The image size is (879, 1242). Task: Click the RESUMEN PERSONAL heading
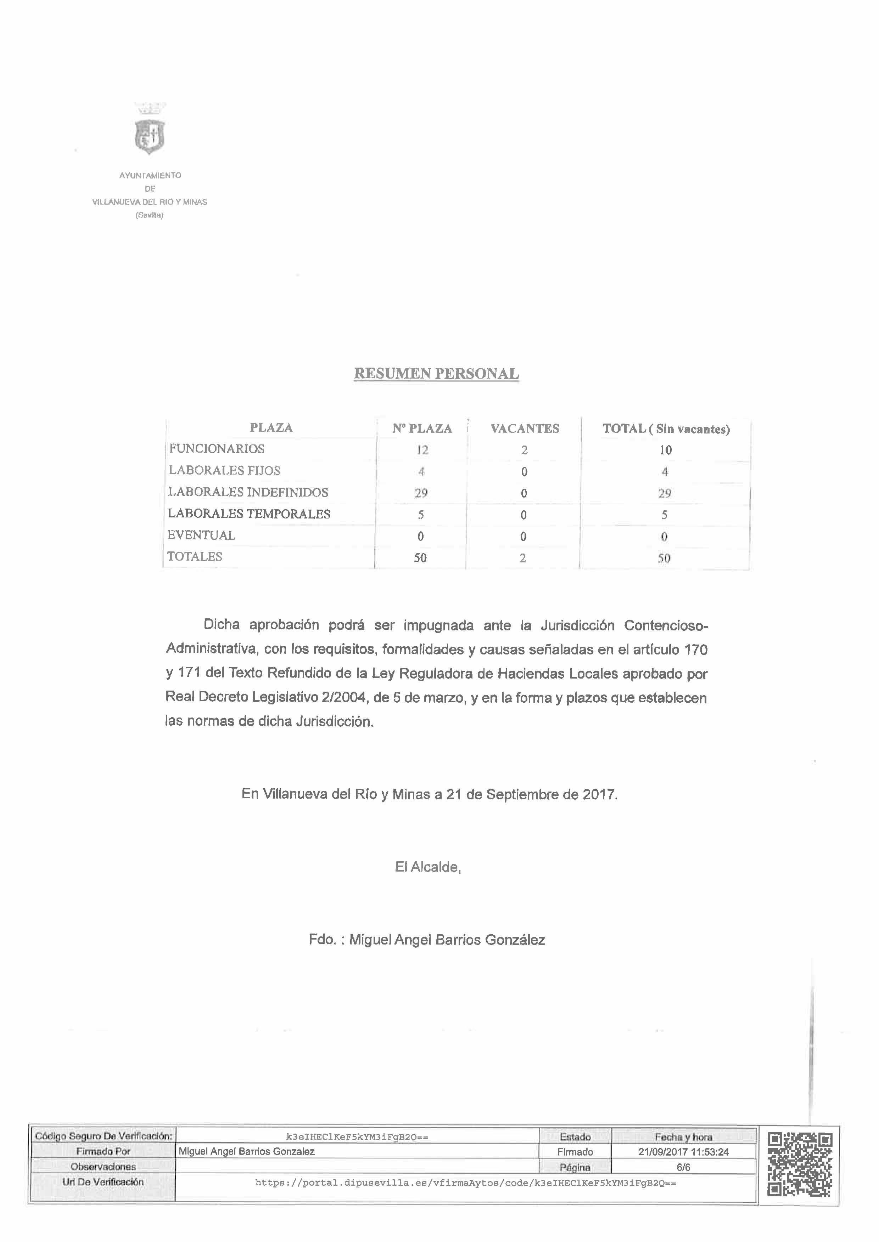[436, 374]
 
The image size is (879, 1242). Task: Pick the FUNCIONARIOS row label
[217, 448]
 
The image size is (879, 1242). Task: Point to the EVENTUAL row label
[201, 535]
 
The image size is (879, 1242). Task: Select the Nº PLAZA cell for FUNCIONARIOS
[422, 449]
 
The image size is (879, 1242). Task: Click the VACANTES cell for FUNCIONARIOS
[524, 449]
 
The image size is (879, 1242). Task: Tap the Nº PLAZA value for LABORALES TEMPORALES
[421, 515]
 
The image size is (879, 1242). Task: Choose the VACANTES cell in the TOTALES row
[523, 558]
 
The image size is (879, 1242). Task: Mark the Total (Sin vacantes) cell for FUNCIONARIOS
[665, 449]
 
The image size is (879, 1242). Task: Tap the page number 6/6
[683, 1167]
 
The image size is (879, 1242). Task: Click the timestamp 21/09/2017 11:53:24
[683, 1152]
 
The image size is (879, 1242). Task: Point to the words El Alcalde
[427, 867]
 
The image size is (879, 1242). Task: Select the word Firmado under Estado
[575, 1152]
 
